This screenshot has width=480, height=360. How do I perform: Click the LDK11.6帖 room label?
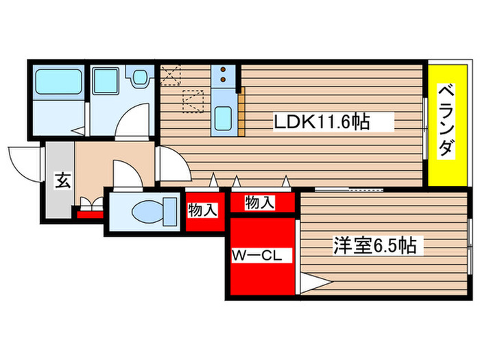[322, 123]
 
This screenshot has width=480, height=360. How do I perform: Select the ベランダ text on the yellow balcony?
[446, 120]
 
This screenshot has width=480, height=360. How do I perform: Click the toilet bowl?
[147, 210]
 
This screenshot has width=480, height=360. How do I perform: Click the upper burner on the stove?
[224, 70]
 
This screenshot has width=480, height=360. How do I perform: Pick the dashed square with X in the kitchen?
[169, 73]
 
